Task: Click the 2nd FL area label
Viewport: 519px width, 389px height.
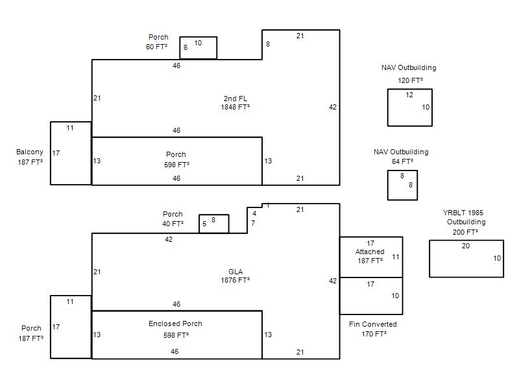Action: click(x=235, y=99)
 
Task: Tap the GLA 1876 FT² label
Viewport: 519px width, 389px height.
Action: click(x=235, y=276)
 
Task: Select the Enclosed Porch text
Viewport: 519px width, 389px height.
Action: click(x=175, y=324)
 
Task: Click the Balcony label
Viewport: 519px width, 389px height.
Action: click(x=30, y=152)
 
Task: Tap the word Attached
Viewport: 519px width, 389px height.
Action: click(x=370, y=252)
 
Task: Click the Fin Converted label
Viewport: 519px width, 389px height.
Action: click(x=372, y=324)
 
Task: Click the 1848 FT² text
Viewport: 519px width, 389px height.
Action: click(x=235, y=107)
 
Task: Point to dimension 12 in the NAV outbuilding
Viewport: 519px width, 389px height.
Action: click(x=409, y=95)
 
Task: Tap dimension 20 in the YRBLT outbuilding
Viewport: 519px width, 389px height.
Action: click(x=466, y=246)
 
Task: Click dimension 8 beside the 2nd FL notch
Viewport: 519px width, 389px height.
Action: click(x=268, y=44)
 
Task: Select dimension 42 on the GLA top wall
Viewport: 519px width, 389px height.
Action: click(x=169, y=239)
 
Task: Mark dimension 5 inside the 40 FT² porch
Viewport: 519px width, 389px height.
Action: click(x=204, y=224)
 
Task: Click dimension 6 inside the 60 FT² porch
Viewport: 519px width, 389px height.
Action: click(x=186, y=47)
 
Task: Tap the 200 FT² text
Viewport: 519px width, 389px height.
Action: click(x=465, y=232)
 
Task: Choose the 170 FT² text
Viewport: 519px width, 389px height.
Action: click(x=374, y=334)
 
